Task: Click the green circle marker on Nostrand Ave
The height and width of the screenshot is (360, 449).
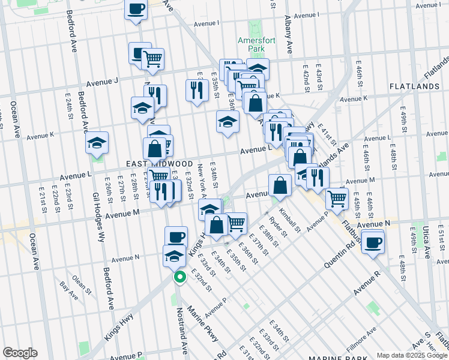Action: click(179, 277)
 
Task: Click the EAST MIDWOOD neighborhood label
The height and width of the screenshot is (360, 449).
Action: click(150, 163)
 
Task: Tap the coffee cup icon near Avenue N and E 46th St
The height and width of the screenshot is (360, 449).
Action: click(373, 242)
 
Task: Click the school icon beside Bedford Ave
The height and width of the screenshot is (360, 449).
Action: click(96, 144)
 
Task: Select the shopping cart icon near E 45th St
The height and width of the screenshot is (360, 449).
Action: click(337, 199)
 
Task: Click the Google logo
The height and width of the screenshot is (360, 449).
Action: click(20, 353)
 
